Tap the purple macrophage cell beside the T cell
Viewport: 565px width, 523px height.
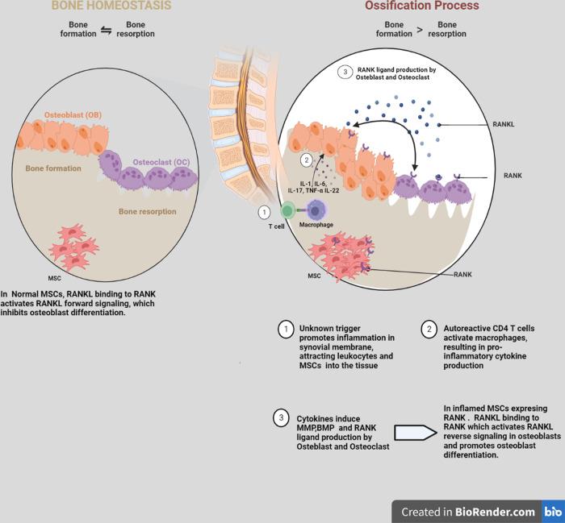coord(316,211)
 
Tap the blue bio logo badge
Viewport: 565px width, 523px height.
coord(553,511)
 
